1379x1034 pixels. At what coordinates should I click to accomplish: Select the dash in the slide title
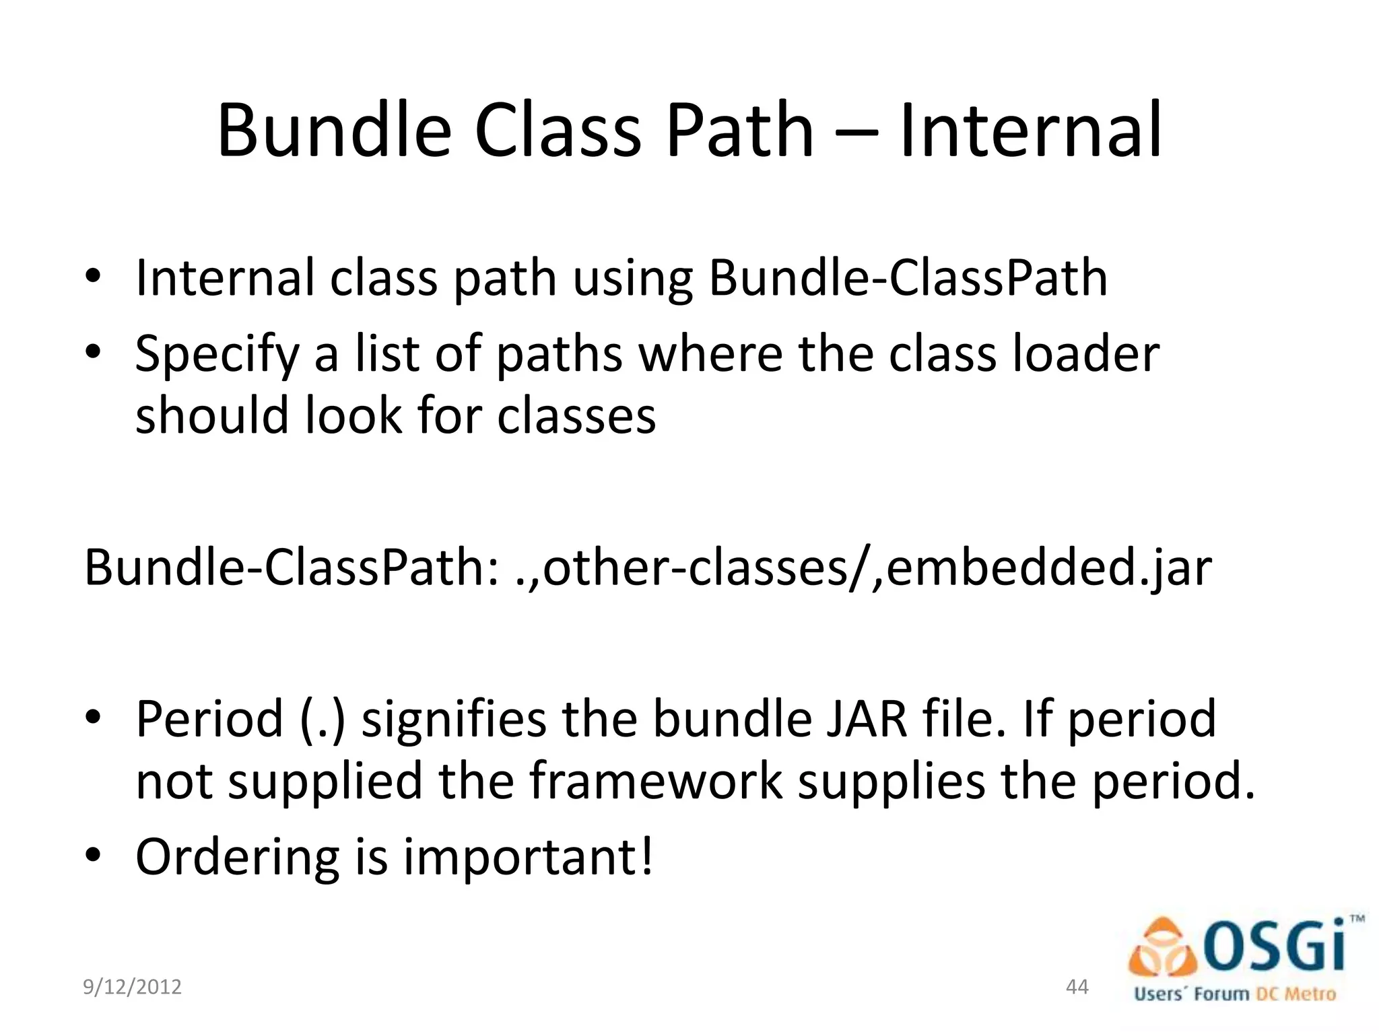856,131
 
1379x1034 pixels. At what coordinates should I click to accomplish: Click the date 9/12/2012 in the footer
132,987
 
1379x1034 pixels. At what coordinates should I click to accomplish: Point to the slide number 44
1077,987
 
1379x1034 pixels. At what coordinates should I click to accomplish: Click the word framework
656,781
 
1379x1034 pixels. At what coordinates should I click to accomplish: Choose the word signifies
454,719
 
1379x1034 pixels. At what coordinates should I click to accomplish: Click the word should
212,415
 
